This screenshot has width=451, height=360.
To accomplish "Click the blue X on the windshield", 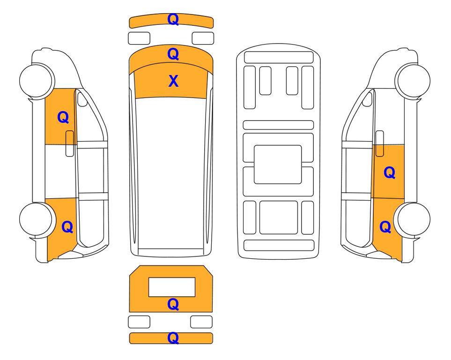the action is click(x=173, y=81).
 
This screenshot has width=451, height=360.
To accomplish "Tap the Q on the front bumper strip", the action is click(x=173, y=19).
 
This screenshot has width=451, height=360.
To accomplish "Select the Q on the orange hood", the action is click(x=173, y=54).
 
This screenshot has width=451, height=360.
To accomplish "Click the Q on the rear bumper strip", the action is click(x=173, y=338).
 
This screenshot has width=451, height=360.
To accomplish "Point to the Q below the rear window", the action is click(x=173, y=304).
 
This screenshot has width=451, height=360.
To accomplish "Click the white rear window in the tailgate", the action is click(x=172, y=287).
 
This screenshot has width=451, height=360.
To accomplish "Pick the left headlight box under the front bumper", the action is click(x=139, y=38).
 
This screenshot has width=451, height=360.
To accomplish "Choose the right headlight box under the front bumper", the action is click(x=203, y=38).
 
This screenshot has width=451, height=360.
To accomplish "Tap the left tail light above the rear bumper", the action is click(x=139, y=322).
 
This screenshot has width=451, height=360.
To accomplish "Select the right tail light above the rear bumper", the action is click(x=201, y=322).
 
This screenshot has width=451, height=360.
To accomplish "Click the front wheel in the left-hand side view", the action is click(x=37, y=81).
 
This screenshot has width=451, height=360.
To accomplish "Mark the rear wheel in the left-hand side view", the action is click(x=37, y=220).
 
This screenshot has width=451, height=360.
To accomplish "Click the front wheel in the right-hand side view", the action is click(x=413, y=81).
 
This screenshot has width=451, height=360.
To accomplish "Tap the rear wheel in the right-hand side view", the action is click(x=413, y=220).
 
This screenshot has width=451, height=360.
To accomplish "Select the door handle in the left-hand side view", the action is click(x=70, y=143).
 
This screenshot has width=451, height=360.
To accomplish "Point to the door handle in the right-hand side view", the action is click(x=380, y=143).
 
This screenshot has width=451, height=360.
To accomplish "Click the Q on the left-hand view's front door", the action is click(x=63, y=118).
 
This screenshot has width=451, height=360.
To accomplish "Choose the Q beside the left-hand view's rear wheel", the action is click(x=67, y=227).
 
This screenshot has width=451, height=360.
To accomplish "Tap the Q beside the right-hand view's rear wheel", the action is click(x=385, y=227).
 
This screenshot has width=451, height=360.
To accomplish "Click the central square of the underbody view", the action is click(x=278, y=165).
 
